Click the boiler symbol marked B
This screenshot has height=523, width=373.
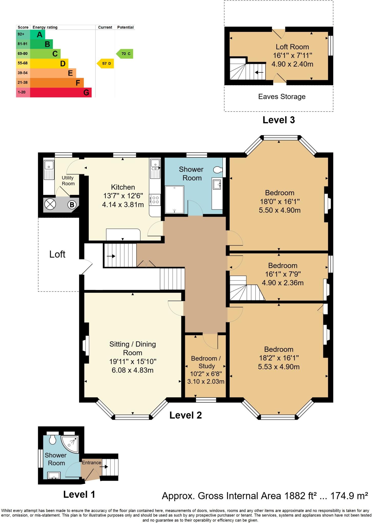[x=72, y=205]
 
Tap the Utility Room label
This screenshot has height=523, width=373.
[x=68, y=181]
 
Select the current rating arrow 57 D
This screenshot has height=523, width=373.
[x=105, y=63]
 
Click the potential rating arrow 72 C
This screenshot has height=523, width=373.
[x=125, y=54]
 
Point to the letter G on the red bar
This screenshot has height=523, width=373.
[x=86, y=92]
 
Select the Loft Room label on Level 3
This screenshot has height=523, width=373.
[x=292, y=47]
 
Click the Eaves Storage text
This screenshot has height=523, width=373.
[x=282, y=97]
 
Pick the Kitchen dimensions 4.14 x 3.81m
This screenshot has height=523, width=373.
[x=123, y=205]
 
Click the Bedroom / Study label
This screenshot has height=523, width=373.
[x=206, y=362]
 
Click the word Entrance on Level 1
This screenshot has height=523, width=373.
[x=91, y=462]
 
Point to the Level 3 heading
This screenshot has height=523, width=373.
[x=279, y=120]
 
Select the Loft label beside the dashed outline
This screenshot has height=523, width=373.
[x=57, y=254]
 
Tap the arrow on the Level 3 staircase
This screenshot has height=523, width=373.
[x=259, y=72]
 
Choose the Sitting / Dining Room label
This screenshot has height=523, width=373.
[x=133, y=348]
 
